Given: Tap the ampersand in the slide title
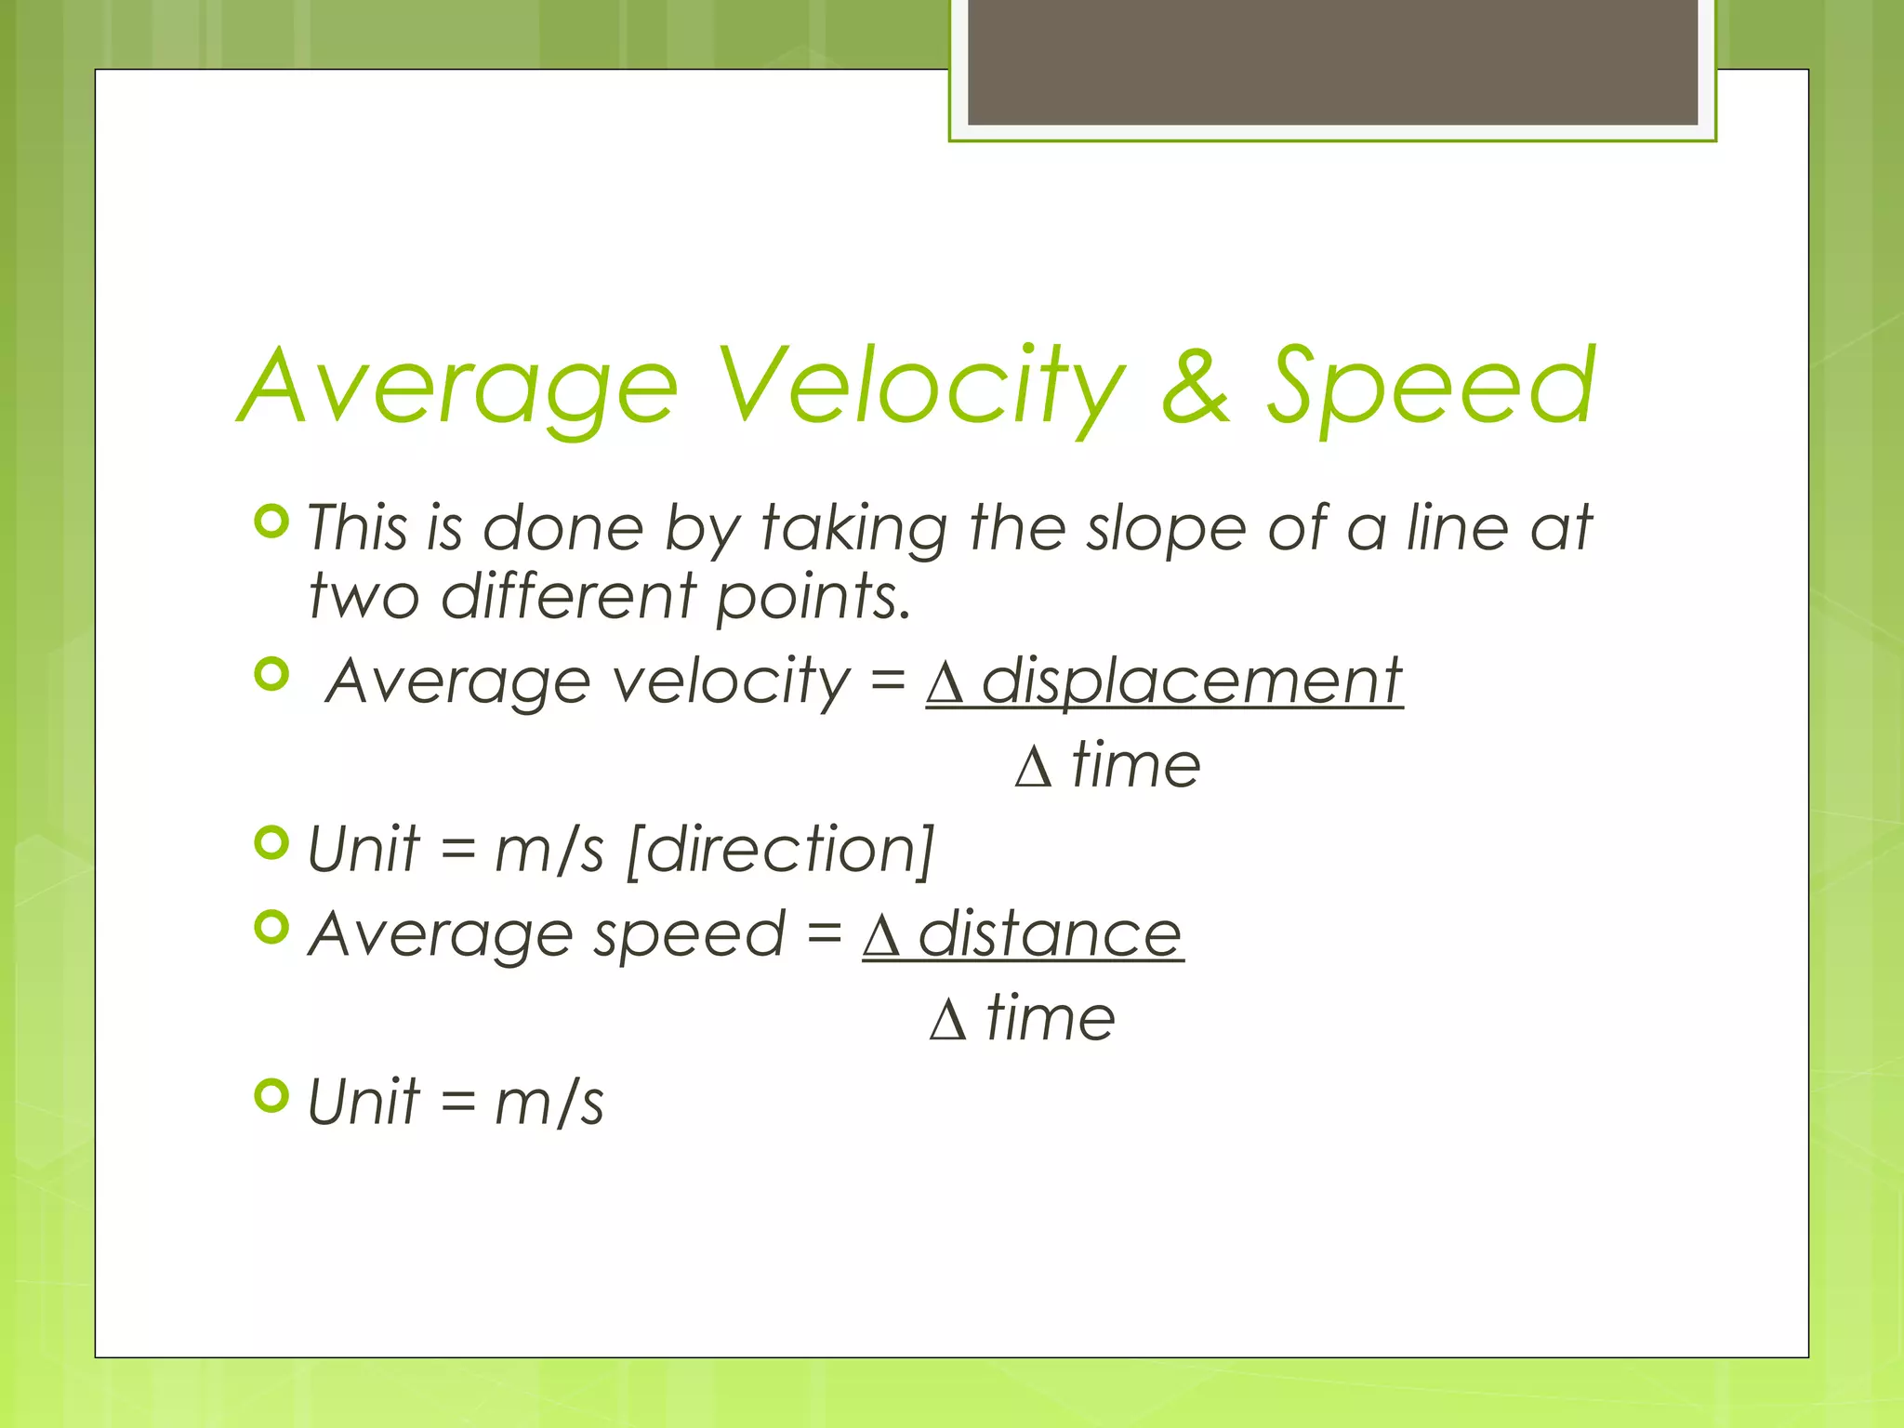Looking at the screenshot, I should pos(1197,385).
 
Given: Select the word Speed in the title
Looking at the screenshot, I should pos(1432,385).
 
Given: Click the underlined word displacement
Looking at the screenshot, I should pos(1191,681).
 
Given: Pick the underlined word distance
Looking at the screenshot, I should pos(1050,934).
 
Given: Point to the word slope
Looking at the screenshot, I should pos(1166,528).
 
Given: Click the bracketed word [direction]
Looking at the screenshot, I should pos(780,850).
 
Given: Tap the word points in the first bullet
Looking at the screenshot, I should pos(813,596).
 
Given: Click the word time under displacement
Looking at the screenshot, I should pos(1136,766).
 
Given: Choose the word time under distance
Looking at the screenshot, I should pos(1051,1019).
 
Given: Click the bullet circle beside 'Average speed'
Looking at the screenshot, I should pos(271,927).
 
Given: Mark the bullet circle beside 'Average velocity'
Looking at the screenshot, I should pos(271,674).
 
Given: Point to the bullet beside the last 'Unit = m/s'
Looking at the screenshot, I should pos(271,1096).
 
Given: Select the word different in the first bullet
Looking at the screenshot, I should pos(569,596).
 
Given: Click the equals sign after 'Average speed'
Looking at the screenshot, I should pos(824,934).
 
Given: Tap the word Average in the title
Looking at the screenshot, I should pos(459,385).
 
